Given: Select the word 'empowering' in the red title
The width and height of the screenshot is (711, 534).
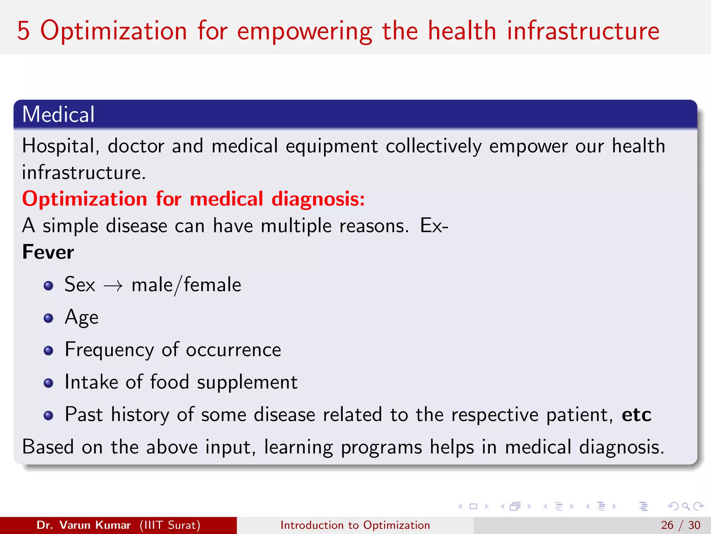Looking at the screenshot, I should pos(304,31).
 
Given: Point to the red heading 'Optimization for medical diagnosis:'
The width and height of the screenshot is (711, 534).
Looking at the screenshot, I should pos(193,199).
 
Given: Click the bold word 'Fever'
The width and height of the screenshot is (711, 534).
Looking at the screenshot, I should pos(48,252).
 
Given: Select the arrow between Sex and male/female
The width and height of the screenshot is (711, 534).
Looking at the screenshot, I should pos(113,286).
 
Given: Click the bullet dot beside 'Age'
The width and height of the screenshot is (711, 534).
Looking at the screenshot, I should pos(49,318).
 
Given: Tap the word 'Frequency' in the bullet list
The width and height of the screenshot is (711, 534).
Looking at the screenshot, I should pos(109,350).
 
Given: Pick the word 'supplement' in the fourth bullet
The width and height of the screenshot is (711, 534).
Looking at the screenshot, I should pos(247,382).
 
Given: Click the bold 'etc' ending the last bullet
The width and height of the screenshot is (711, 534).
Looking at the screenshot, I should pos(636,415).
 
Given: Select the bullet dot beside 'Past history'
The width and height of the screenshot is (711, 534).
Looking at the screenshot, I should pos(49,415).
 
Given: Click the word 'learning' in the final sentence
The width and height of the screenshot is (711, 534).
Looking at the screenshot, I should pos(298,447).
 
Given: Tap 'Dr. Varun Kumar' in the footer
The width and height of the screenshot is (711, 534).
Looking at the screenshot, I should pos(83,525).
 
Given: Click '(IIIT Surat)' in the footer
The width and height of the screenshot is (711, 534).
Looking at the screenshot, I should pos(170,525).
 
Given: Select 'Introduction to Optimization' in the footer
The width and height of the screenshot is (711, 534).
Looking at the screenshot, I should pos(355,525).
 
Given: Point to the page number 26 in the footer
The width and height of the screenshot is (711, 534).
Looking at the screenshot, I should pos(667,525).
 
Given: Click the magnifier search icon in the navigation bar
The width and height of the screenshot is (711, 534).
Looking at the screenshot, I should pos(686,506).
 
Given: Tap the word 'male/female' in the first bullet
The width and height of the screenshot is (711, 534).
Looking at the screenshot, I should pos(186,285).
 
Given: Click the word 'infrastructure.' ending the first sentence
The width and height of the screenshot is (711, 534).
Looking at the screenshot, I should pos(84,172).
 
